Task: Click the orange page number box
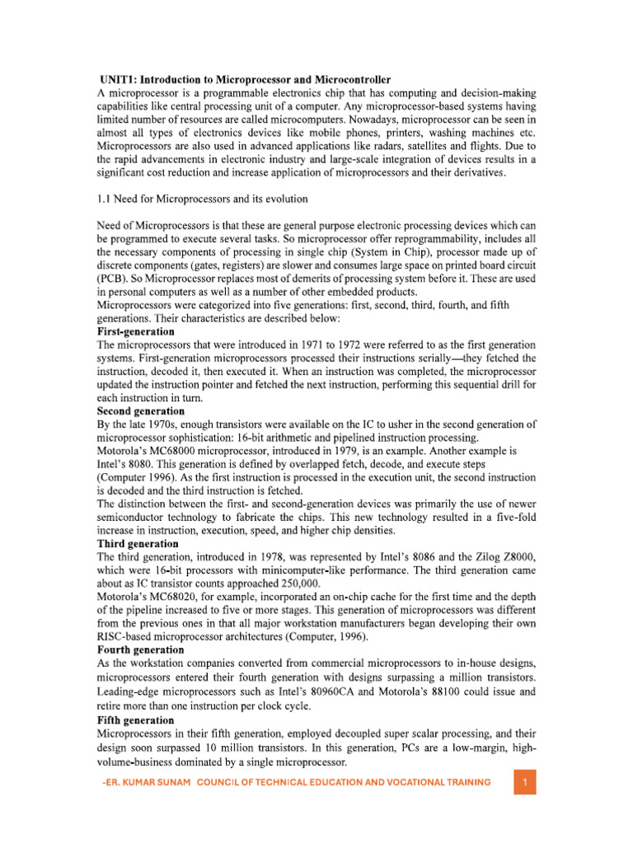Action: pos(524,781)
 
